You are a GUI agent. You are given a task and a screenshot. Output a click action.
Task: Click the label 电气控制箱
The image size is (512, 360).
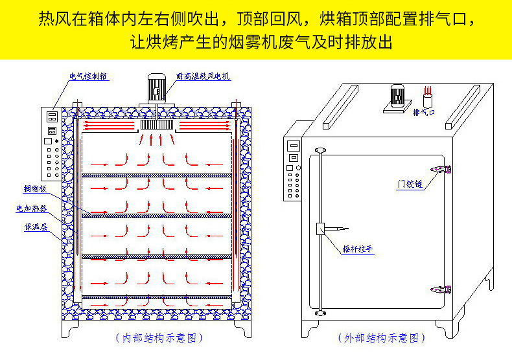[89, 76]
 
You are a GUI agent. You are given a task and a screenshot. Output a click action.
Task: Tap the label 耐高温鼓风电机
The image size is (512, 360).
[203, 76]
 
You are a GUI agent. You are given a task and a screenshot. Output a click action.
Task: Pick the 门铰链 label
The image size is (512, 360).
[410, 184]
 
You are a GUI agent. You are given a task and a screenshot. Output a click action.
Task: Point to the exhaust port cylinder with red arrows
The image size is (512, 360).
[428, 99]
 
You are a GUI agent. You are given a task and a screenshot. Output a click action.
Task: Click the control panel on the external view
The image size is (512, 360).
[294, 172]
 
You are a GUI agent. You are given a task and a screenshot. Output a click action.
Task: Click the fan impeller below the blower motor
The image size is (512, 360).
[156, 123]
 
